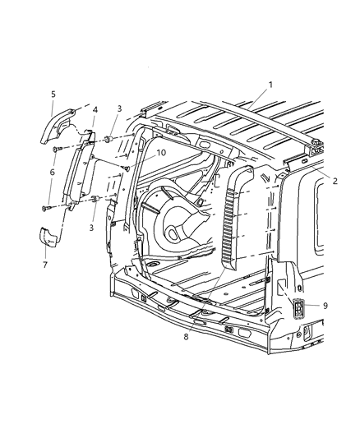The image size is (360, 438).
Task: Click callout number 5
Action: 52,95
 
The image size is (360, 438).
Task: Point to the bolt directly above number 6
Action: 55,150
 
